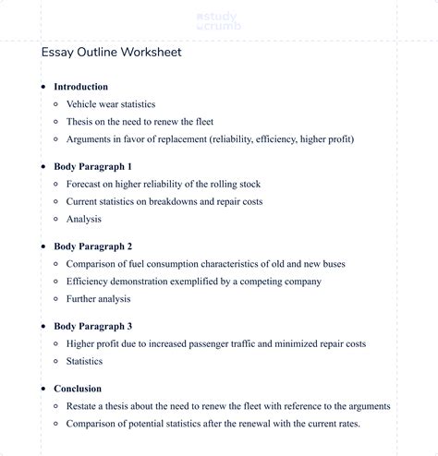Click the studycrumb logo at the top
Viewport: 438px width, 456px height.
coord(218,22)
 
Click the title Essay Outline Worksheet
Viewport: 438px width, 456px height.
coord(111,53)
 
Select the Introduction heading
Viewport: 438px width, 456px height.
coord(80,87)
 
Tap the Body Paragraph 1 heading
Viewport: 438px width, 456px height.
coord(92,167)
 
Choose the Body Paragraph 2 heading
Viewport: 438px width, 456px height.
coord(92,246)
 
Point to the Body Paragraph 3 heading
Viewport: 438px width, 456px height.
coord(92,326)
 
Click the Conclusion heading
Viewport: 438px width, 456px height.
coord(78,389)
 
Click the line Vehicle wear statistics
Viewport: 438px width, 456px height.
coord(111,104)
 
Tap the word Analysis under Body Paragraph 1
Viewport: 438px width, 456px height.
coord(84,220)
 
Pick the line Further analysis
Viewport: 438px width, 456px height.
coord(99,299)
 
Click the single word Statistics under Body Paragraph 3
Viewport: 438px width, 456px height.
coord(84,361)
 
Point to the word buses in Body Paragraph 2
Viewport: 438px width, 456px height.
coord(332,264)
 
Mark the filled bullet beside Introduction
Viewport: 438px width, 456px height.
coord(43,87)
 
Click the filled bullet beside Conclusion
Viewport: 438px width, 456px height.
coord(43,389)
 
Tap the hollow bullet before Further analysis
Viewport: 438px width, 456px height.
coord(56,299)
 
